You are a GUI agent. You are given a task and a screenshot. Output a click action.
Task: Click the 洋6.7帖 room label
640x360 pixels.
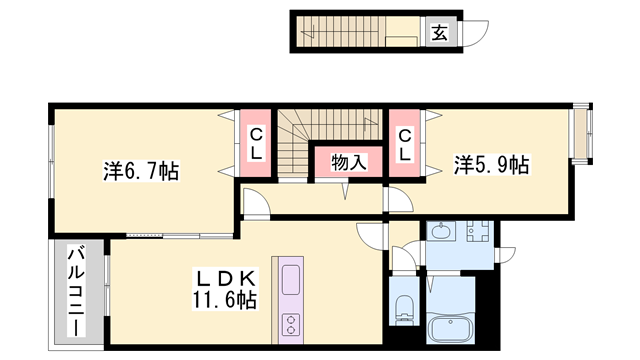coord(141,171)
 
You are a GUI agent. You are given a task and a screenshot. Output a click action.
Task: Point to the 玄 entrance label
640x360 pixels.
coord(439,32)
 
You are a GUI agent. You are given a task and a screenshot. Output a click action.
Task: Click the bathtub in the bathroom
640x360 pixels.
coord(447,329)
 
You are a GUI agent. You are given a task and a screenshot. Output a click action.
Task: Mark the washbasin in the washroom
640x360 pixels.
coord(443,232)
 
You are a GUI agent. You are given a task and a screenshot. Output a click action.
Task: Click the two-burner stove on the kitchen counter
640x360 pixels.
coord(292,324)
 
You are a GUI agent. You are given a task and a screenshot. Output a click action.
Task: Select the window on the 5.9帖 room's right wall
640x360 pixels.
coord(579,135)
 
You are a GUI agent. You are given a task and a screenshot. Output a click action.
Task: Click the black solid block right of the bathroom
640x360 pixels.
coord(487,310)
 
